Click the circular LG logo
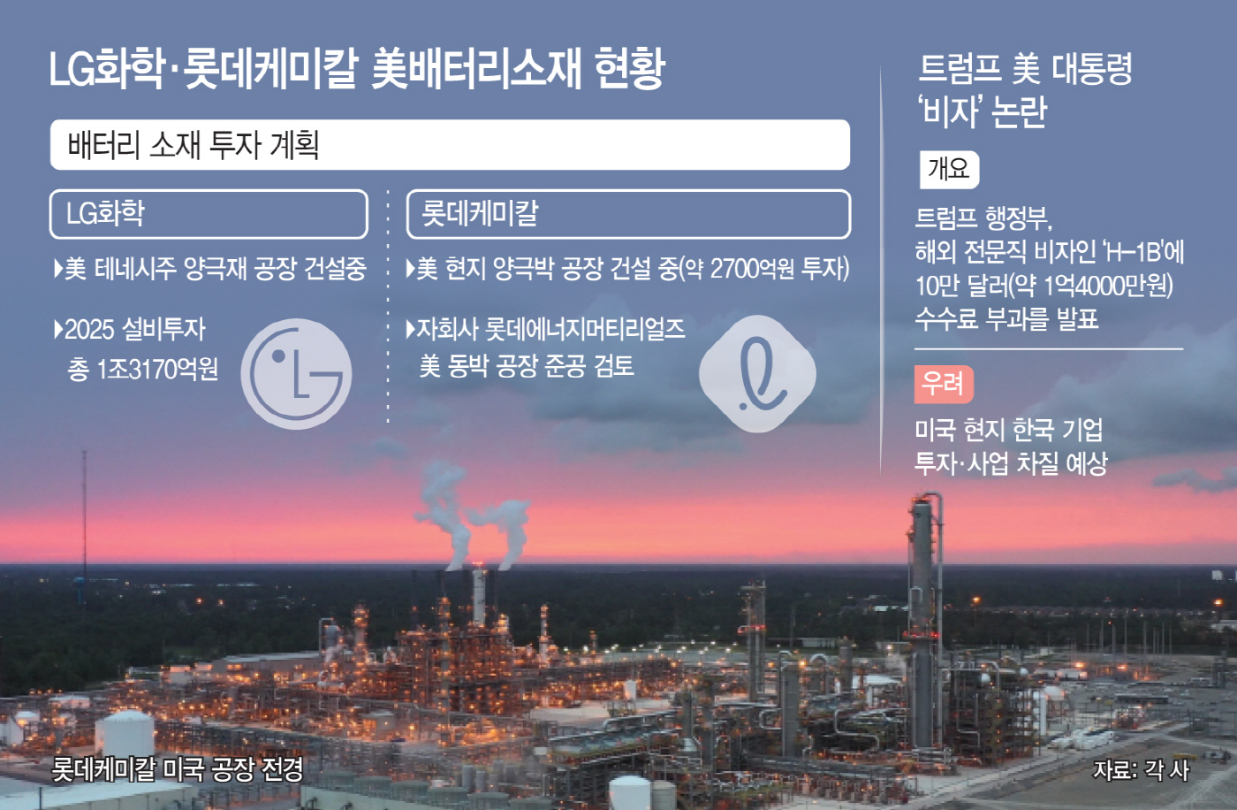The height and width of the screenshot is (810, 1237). point(296,374)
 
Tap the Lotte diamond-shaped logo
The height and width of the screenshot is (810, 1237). point(758,374)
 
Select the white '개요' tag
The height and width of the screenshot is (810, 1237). point(949,169)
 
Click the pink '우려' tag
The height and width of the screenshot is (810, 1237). point(944,384)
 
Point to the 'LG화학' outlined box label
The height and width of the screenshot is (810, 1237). point(209,214)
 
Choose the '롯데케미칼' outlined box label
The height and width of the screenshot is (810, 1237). point(628,214)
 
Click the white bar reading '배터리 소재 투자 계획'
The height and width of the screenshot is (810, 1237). point(450,145)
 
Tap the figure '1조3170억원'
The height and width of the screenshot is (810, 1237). point(157,369)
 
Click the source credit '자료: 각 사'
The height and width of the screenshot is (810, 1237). point(1141,770)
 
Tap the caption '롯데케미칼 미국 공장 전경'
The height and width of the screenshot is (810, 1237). point(178,768)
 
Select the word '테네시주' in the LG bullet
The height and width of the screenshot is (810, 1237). point(135,269)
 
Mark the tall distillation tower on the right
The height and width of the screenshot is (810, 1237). point(923,619)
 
